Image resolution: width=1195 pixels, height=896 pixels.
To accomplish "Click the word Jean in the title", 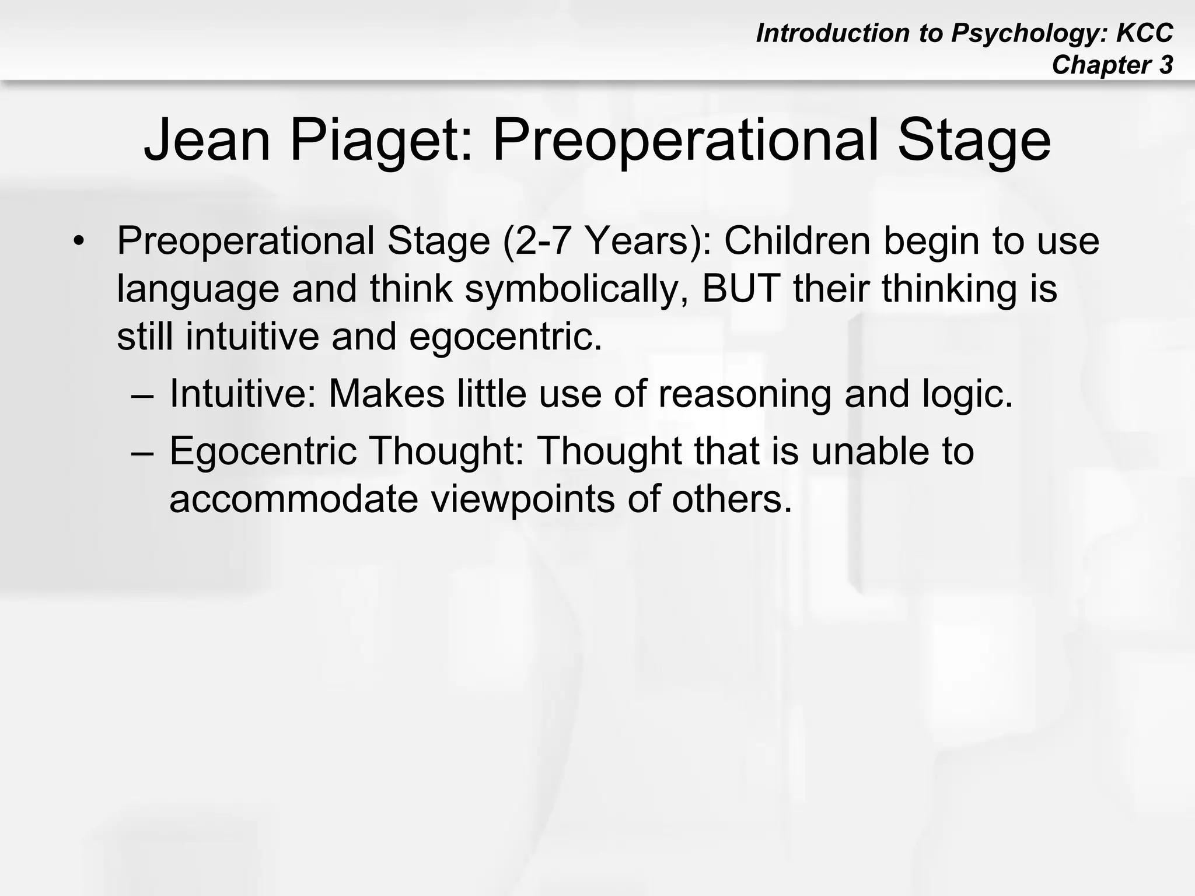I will point(207,141).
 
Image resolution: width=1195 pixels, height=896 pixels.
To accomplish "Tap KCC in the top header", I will point(1144,33).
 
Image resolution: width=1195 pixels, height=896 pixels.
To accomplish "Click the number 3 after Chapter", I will point(1166,65).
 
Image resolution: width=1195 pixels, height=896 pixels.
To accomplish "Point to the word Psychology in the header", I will point(1029,33).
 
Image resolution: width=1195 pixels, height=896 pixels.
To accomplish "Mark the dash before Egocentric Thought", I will point(142,453).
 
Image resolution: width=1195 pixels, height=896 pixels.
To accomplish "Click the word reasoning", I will point(745,394).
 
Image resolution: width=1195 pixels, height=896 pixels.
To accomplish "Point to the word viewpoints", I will point(523,499).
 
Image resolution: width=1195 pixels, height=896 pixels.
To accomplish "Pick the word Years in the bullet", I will point(648,240).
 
